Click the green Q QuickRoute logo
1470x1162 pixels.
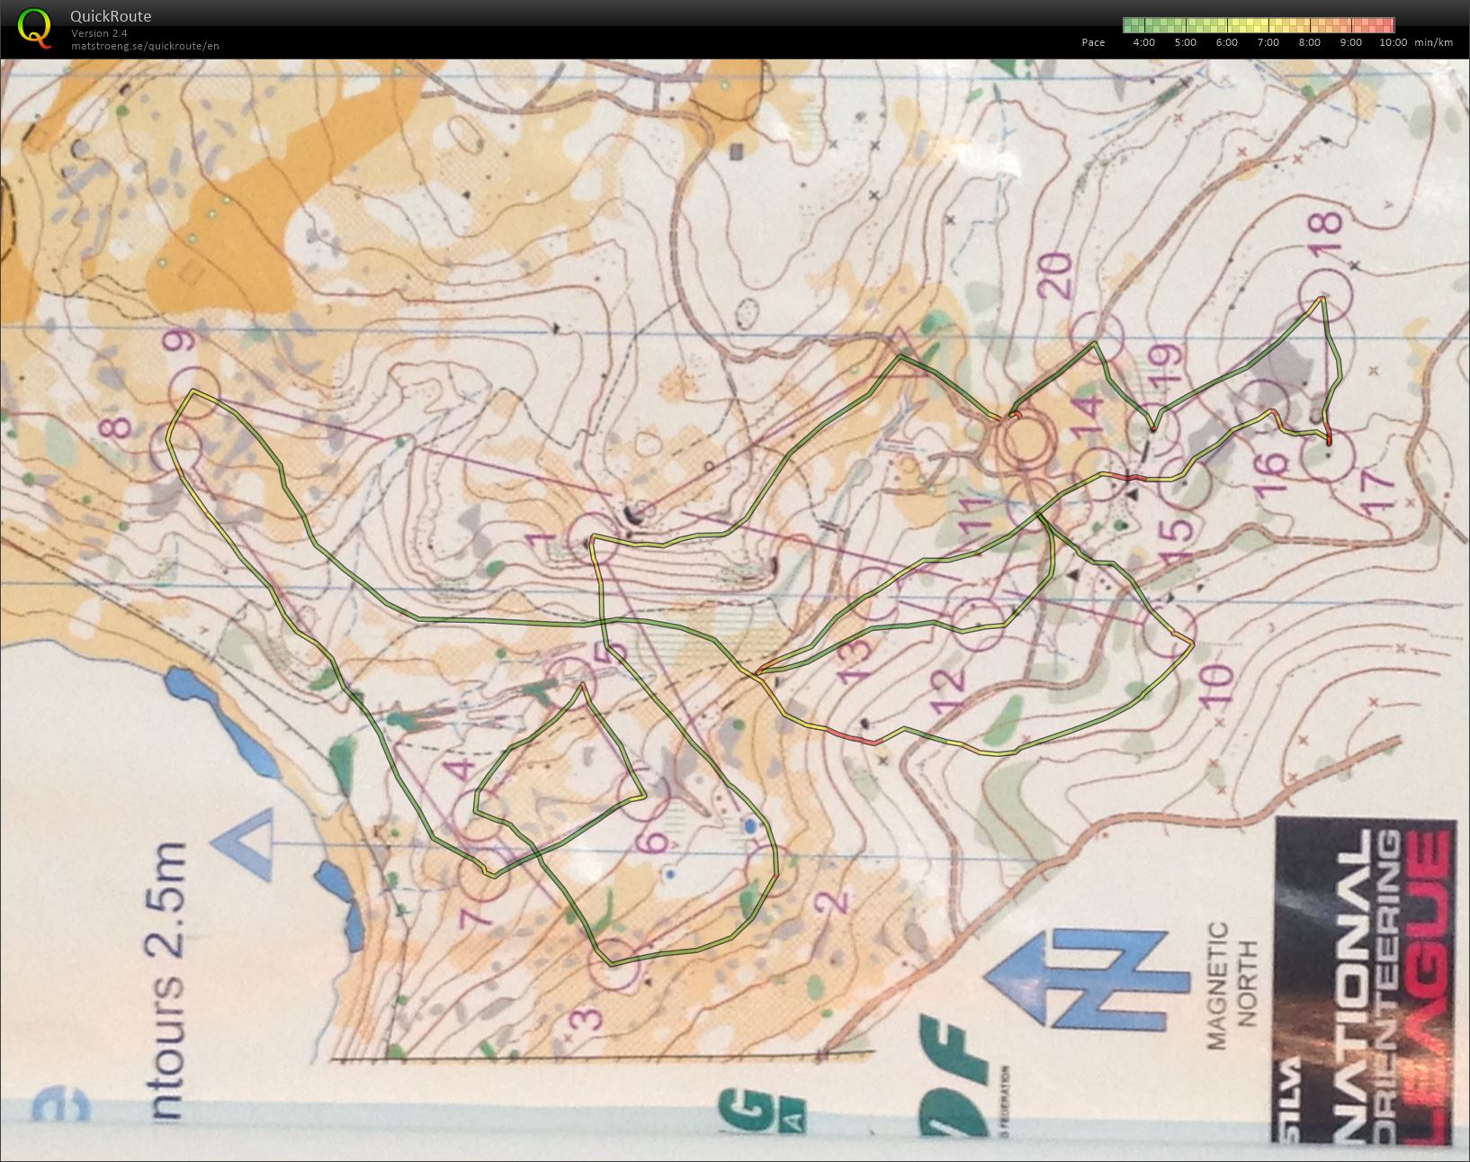tap(35, 27)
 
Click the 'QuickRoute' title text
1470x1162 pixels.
tap(111, 16)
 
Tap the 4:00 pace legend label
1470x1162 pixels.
tap(1143, 42)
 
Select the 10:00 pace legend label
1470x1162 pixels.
tap(1393, 42)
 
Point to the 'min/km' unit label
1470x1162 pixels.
tap(1433, 42)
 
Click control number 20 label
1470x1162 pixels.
tap(1059, 276)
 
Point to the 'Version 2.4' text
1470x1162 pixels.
tap(99, 33)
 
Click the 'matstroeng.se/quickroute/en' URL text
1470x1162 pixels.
tap(145, 46)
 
